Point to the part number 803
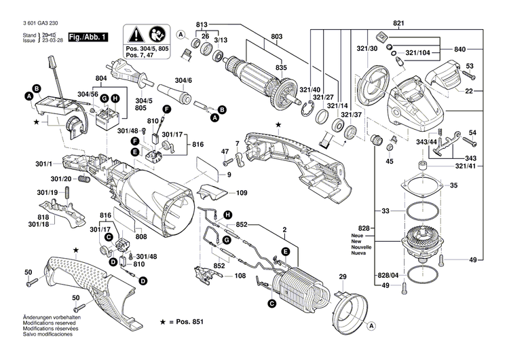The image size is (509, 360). click(277, 36)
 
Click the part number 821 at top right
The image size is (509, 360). click(398, 24)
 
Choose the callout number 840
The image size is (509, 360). click(459, 50)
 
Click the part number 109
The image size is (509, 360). click(242, 193)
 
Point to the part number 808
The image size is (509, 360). click(141, 237)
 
